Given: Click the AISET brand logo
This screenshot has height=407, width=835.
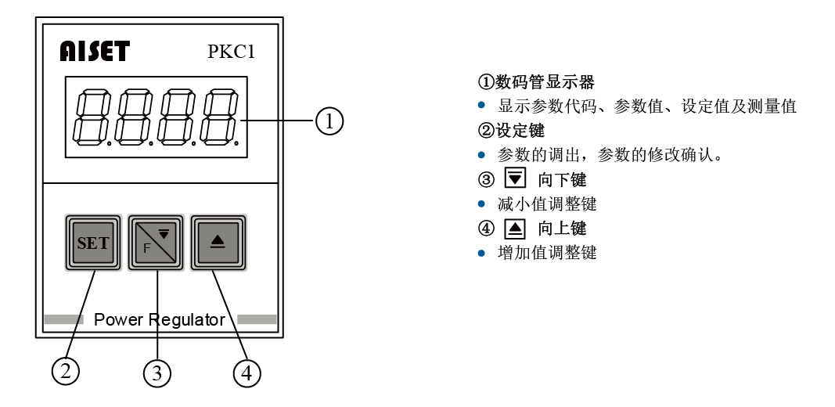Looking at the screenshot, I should tap(94, 52).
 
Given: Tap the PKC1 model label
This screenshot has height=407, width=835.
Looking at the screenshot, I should tap(231, 52).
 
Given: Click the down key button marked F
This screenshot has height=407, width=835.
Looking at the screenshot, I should tap(156, 243).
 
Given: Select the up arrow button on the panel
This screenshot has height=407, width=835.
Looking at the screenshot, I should tap(218, 243).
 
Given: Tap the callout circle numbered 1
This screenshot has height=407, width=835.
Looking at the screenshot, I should tap(329, 121).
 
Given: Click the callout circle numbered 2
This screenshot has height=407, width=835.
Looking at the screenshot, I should tap(66, 369).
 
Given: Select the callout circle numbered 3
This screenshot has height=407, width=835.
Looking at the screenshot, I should tap(157, 373).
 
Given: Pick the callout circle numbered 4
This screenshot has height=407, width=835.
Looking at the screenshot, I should tap(247, 373).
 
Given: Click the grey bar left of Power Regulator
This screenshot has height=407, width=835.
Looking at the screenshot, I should tap(63, 319).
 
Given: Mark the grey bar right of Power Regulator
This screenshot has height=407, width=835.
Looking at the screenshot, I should tap(257, 319).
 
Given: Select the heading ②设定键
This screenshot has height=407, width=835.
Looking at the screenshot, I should tap(511, 130).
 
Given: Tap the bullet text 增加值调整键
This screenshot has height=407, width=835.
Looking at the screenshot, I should tap(547, 253).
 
